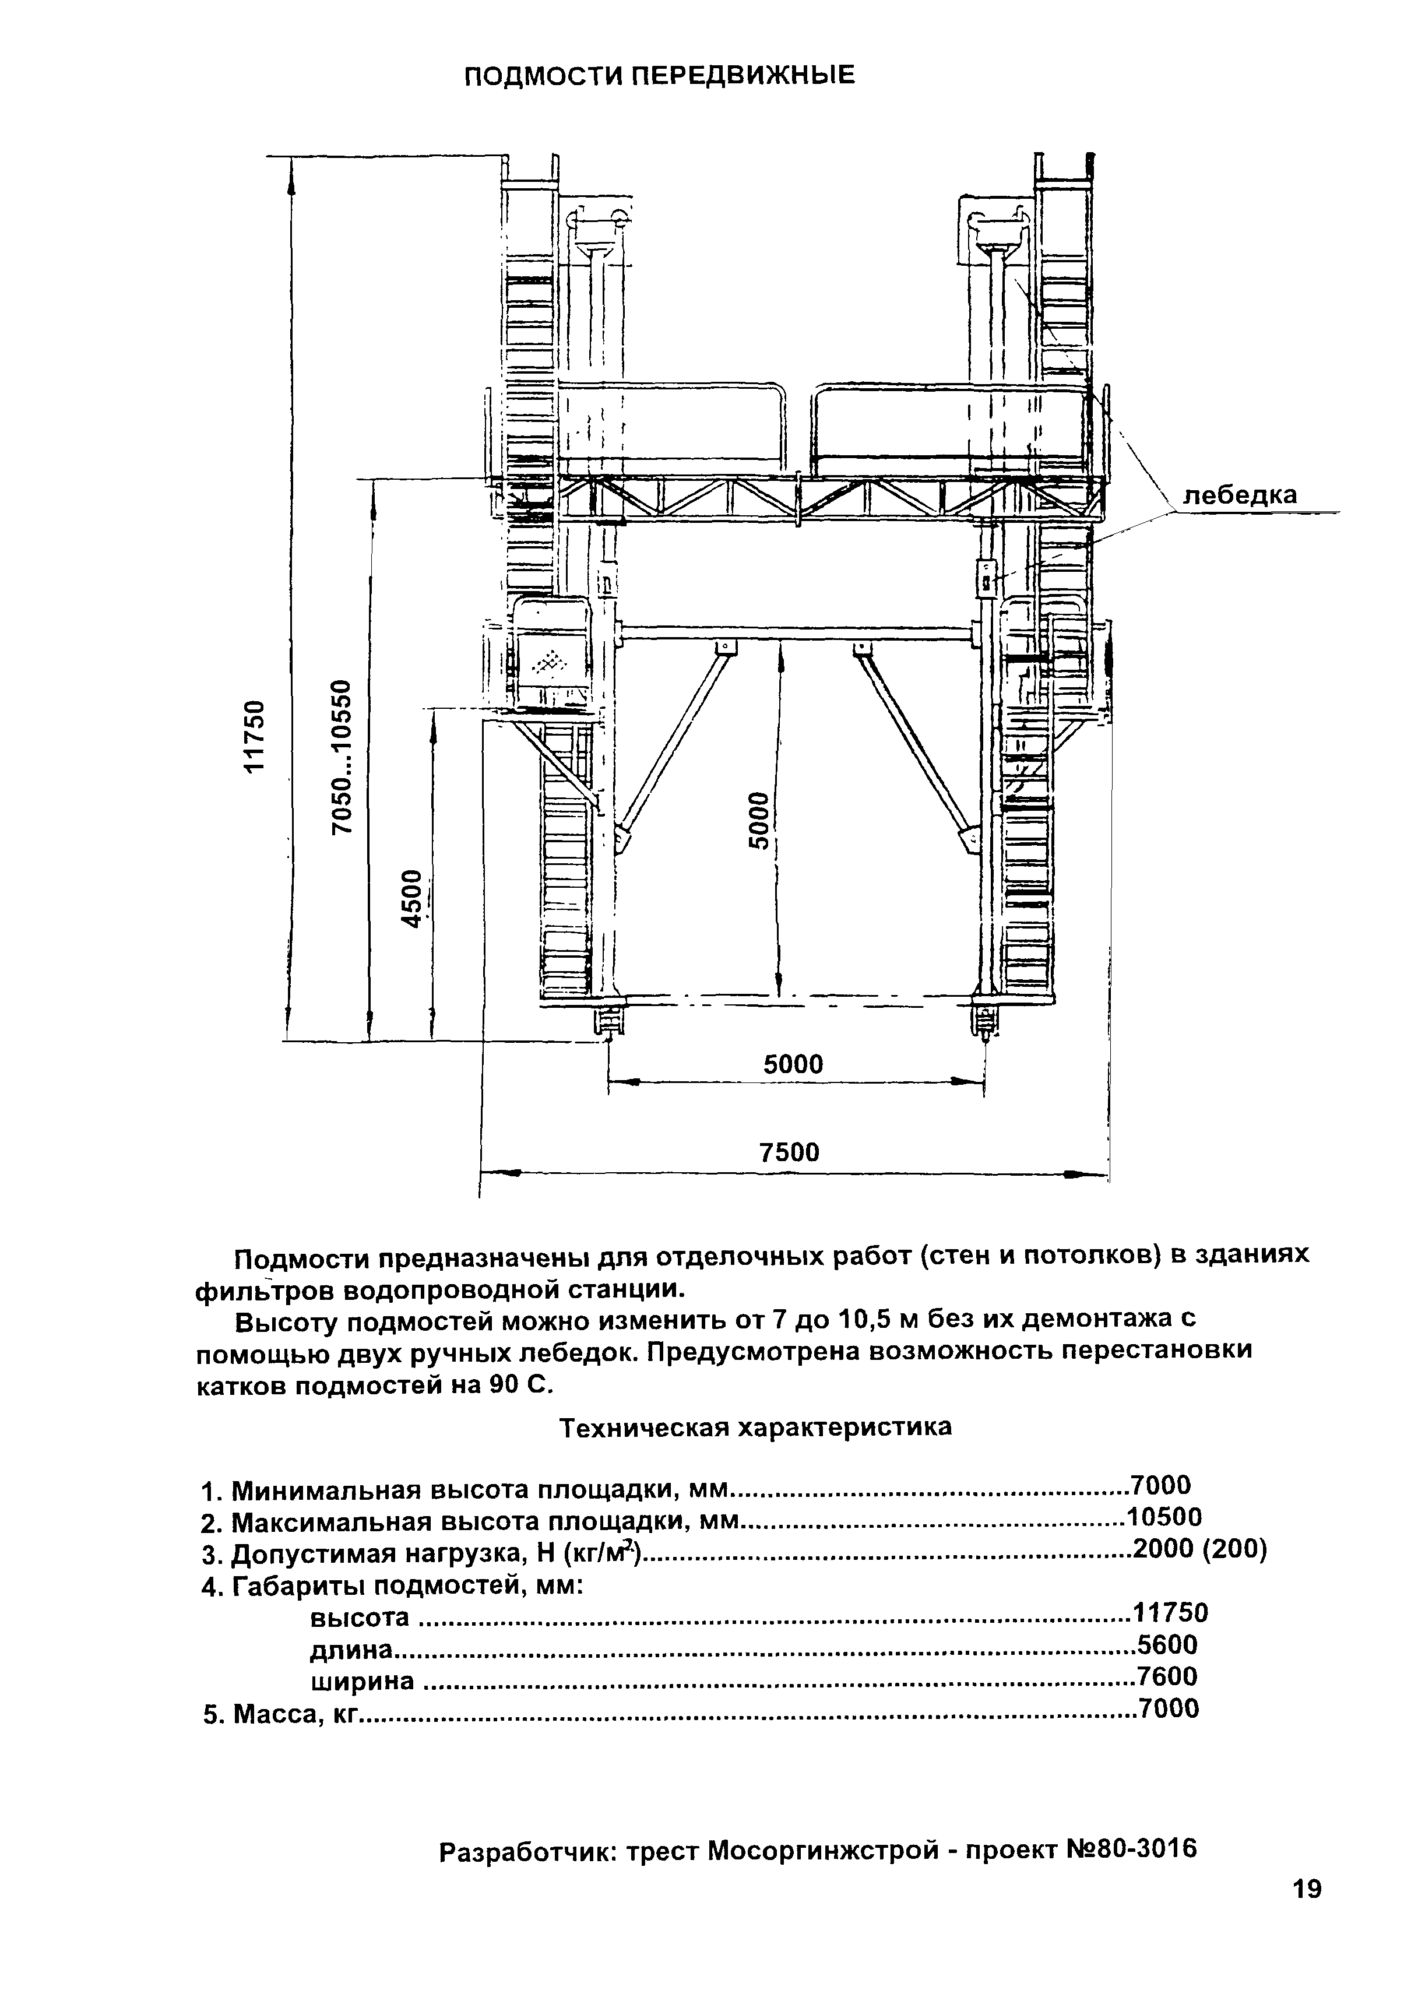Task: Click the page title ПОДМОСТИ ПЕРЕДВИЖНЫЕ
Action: (659, 76)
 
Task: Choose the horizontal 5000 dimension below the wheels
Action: (793, 1064)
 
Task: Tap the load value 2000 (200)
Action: (1199, 1550)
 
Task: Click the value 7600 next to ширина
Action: (1169, 1676)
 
